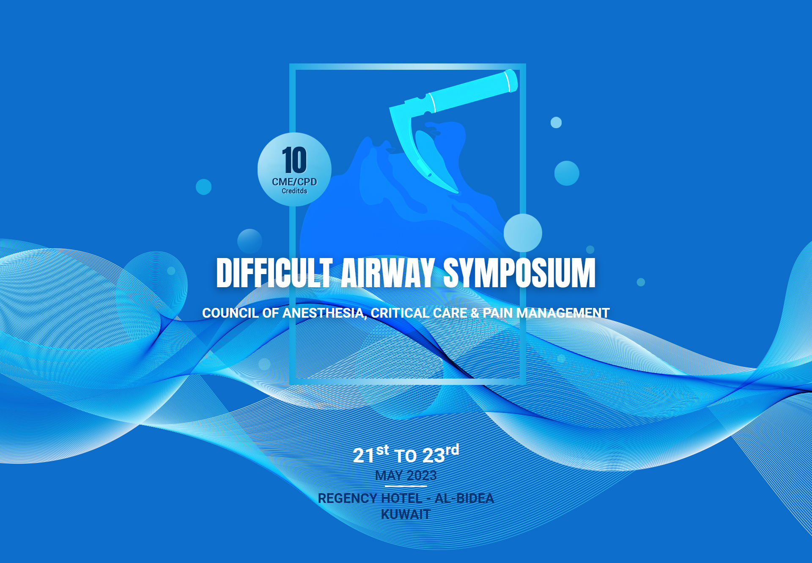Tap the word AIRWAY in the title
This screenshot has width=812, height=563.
(x=388, y=273)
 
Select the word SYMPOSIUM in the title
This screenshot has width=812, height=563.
(x=519, y=273)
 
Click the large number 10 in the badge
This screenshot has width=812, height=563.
(x=294, y=160)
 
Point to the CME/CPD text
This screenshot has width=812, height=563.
(x=294, y=182)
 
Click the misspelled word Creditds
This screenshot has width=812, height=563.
(x=294, y=191)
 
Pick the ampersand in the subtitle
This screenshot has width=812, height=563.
(x=475, y=313)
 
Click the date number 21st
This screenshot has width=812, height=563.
(x=371, y=454)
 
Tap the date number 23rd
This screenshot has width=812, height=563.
(x=441, y=453)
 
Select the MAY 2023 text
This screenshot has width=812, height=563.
(x=406, y=475)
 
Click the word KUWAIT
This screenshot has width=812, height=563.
(x=406, y=514)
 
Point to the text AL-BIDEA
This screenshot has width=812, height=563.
(x=464, y=498)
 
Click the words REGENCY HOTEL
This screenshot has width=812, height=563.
(x=370, y=498)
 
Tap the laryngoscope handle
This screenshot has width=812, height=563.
(x=469, y=91)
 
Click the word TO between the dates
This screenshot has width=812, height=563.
(x=406, y=456)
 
